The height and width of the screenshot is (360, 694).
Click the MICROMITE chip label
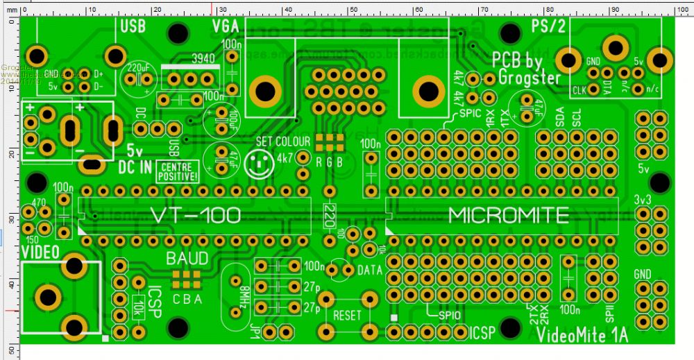click(x=509, y=216)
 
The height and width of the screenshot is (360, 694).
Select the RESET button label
click(x=347, y=315)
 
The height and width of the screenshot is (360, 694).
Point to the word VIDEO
click(x=40, y=250)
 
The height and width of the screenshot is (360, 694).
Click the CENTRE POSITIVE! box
click(x=178, y=171)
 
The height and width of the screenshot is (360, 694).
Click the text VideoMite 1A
click(x=582, y=335)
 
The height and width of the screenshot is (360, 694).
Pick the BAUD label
click(x=187, y=259)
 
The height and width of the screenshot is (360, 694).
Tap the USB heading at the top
click(x=133, y=27)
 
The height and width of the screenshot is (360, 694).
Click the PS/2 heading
click(x=548, y=26)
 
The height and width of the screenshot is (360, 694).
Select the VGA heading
click(x=226, y=27)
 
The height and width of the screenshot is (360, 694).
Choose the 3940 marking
click(x=203, y=58)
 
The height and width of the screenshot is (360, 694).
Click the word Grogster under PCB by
click(x=529, y=78)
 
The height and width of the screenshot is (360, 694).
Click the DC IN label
click(x=135, y=166)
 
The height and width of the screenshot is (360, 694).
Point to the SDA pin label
click(x=560, y=120)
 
